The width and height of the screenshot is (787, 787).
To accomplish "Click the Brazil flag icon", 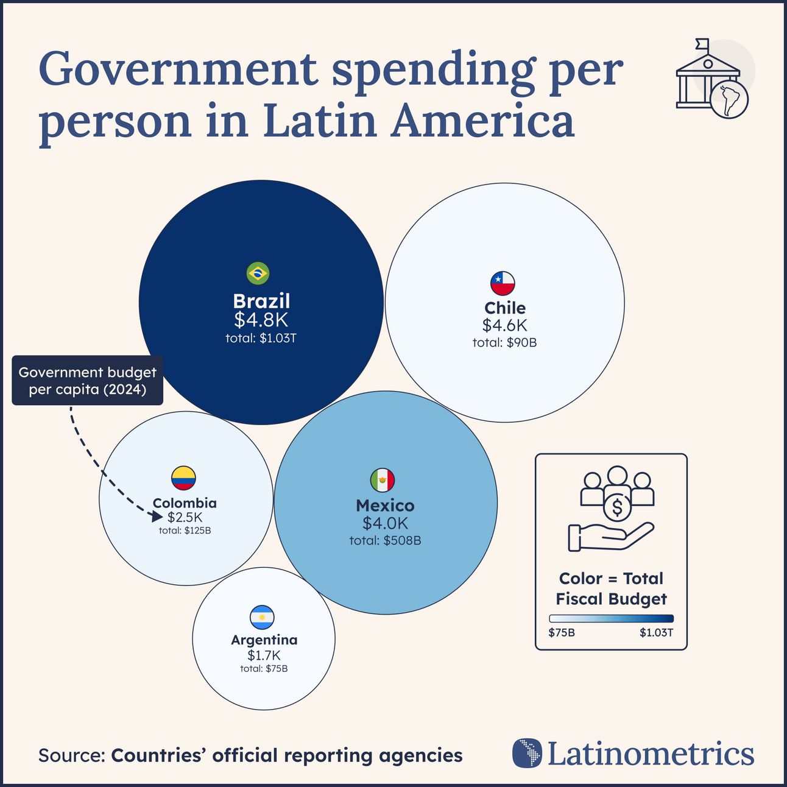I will [258, 274].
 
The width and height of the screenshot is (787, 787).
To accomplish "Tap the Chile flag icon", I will [503, 283].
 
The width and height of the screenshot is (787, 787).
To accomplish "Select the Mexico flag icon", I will [383, 481].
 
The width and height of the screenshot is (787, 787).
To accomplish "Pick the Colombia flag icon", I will [183, 479].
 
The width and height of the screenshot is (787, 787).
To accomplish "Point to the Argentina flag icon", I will [262, 618].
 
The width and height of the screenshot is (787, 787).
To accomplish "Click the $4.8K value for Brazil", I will [261, 320].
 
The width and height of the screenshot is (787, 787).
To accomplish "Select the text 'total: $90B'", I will [504, 342].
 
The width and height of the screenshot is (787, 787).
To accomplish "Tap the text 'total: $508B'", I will [385, 540].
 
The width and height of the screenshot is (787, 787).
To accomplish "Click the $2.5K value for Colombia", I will [185, 517].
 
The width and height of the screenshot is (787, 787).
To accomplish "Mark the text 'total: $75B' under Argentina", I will [264, 669].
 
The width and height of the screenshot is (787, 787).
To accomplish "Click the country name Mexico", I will [385, 506].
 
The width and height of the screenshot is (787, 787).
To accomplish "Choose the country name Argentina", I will [264, 640].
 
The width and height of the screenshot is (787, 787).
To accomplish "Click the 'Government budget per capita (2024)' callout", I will [88, 381].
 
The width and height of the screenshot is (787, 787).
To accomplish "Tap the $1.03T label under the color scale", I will [656, 633].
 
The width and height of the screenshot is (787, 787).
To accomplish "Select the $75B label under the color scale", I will [562, 633].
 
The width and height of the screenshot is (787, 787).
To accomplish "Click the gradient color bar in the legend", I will [611, 618].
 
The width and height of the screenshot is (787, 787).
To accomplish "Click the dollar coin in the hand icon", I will [617, 507].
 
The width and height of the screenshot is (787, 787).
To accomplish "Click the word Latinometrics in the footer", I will [651, 754].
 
